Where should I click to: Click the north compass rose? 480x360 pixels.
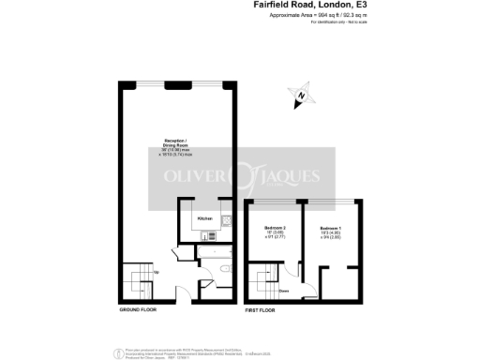[x=301, y=96]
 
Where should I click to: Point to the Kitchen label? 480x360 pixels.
[x=206, y=218]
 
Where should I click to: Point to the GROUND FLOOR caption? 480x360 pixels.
[x=137, y=308]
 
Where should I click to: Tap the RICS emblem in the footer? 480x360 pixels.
[x=117, y=352]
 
